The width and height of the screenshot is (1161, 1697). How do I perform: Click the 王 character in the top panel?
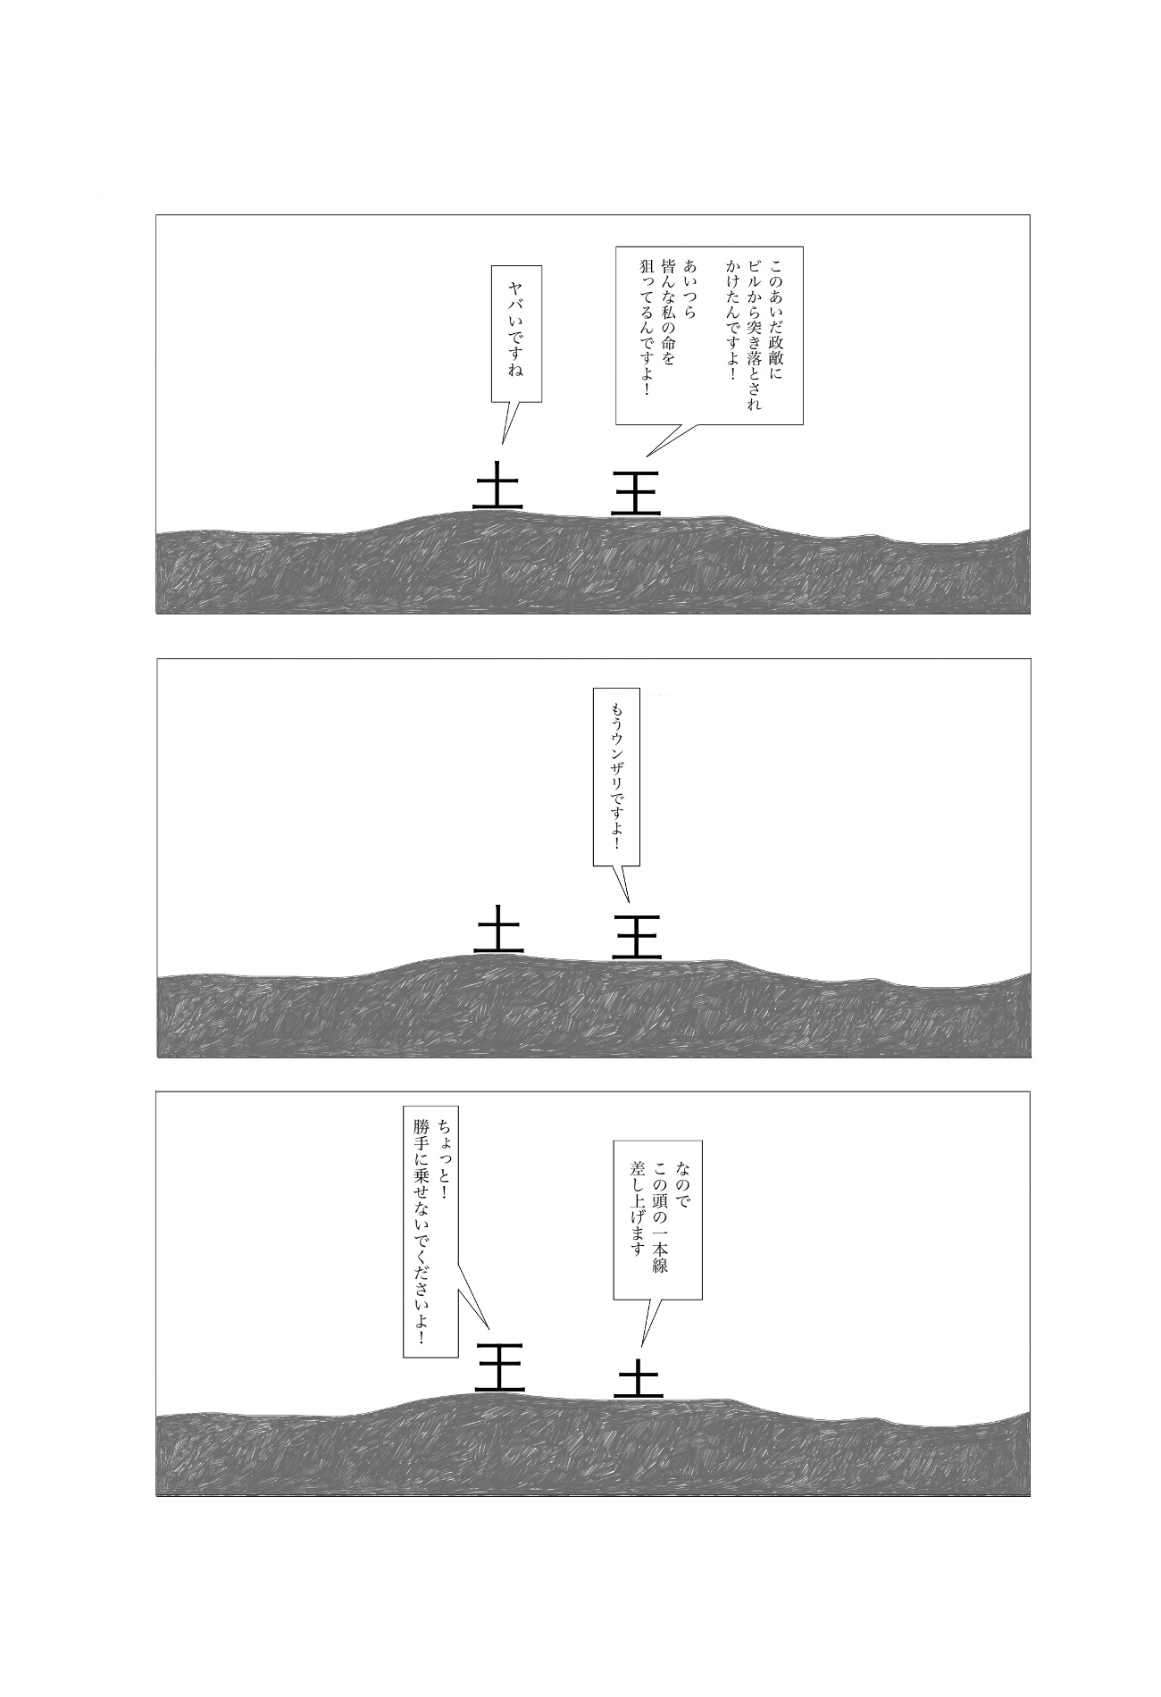click(636, 492)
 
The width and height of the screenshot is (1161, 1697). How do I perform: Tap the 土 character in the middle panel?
click(498, 928)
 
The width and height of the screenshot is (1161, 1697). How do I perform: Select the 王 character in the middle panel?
click(637, 936)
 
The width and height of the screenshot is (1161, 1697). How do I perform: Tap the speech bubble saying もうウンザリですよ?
click(616, 775)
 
